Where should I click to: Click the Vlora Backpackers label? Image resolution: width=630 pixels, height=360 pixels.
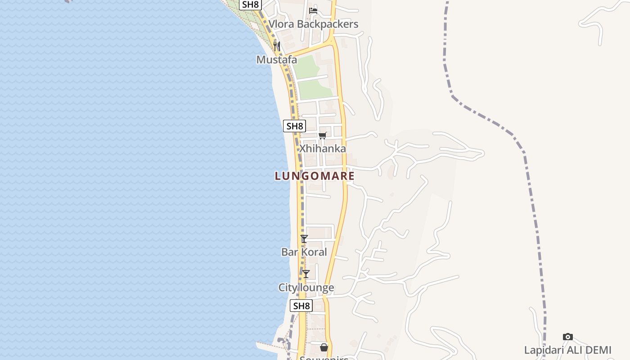click(x=313, y=24)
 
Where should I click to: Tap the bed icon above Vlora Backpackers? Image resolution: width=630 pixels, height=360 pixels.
click(x=313, y=11)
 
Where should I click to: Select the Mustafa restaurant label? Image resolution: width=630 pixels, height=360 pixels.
click(x=277, y=59)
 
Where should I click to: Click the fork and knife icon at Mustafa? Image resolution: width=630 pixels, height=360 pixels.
click(x=277, y=46)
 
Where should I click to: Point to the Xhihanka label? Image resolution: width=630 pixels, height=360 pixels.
click(x=323, y=148)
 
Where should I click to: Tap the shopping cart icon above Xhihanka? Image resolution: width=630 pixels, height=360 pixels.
click(x=323, y=135)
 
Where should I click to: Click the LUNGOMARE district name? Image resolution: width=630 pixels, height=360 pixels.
click(x=315, y=176)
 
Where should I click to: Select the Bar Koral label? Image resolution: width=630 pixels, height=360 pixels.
click(x=304, y=252)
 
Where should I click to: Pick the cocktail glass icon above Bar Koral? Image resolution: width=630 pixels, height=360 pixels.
click(x=304, y=239)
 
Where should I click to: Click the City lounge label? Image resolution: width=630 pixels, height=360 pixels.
click(x=306, y=288)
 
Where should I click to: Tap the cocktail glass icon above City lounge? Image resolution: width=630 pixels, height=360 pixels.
click(x=306, y=274)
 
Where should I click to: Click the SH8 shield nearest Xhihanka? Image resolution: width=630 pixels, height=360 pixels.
click(x=294, y=126)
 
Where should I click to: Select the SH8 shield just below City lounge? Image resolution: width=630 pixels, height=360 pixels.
click(x=301, y=306)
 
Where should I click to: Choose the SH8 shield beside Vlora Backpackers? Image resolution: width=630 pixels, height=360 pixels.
click(x=250, y=4)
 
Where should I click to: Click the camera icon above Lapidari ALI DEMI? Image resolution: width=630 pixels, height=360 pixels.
click(x=568, y=337)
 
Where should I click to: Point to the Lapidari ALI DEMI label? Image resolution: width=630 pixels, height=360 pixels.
click(x=568, y=350)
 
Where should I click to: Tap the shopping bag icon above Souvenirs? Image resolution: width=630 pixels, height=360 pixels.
click(x=324, y=347)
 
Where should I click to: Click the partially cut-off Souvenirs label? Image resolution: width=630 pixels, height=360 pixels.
click(x=324, y=358)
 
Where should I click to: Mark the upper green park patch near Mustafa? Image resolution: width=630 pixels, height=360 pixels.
click(x=307, y=67)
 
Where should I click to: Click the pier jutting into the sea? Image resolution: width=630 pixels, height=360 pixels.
click(x=270, y=347)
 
